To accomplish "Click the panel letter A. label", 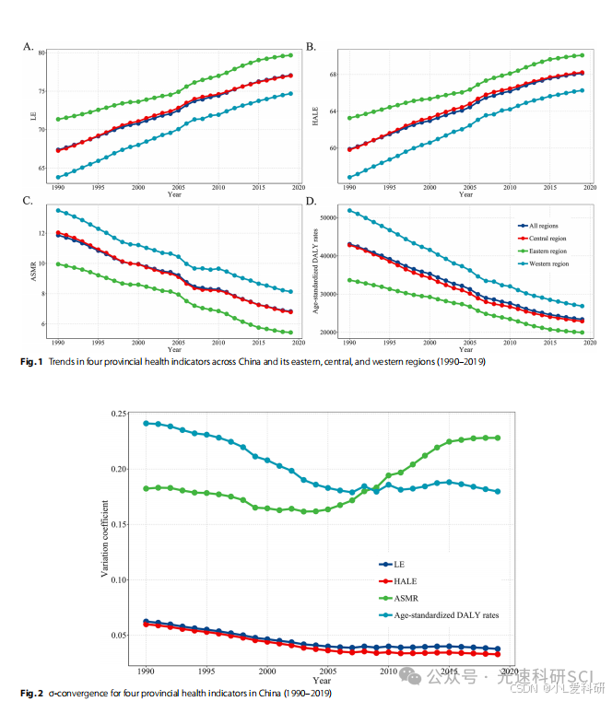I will tap(29, 46).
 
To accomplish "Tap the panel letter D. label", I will tap(311, 201).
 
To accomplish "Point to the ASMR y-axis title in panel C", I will tap(34, 269).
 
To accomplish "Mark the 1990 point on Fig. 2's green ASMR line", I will tap(146, 488).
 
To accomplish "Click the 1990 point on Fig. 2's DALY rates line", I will tap(146, 423).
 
